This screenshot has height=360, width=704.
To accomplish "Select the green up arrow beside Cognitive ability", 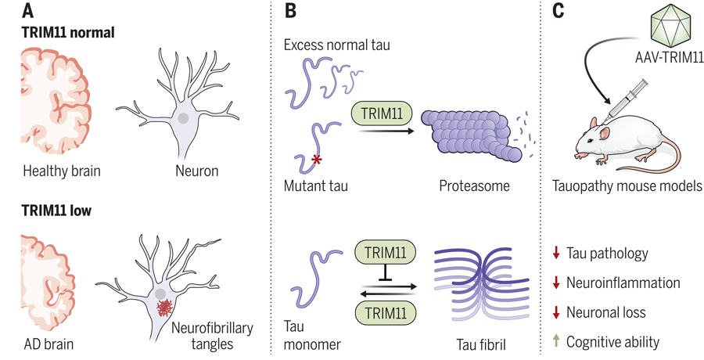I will [x=555, y=341].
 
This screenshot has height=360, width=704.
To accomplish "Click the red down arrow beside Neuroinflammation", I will [x=555, y=282].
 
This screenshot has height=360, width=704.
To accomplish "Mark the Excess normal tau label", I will [x=338, y=45].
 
